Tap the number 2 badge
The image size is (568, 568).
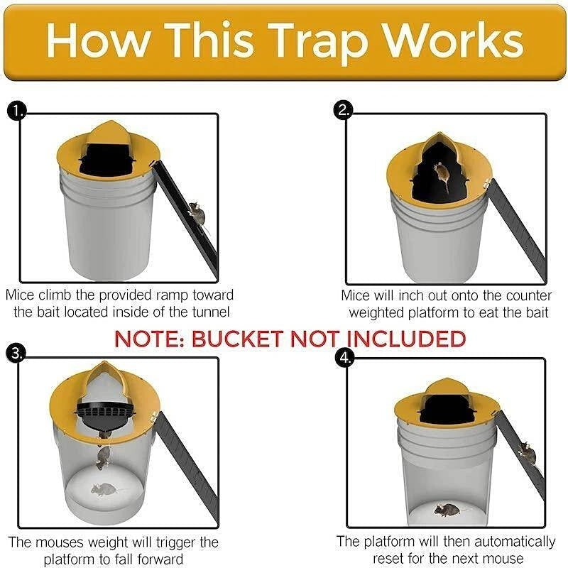[x=344, y=110]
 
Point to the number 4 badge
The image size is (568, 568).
[x=344, y=359]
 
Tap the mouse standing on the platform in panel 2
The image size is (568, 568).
[x=441, y=173]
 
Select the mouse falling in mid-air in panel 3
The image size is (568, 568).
[x=104, y=455]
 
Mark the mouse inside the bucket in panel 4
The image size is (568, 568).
[x=449, y=508]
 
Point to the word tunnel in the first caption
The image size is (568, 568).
[x=214, y=312]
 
